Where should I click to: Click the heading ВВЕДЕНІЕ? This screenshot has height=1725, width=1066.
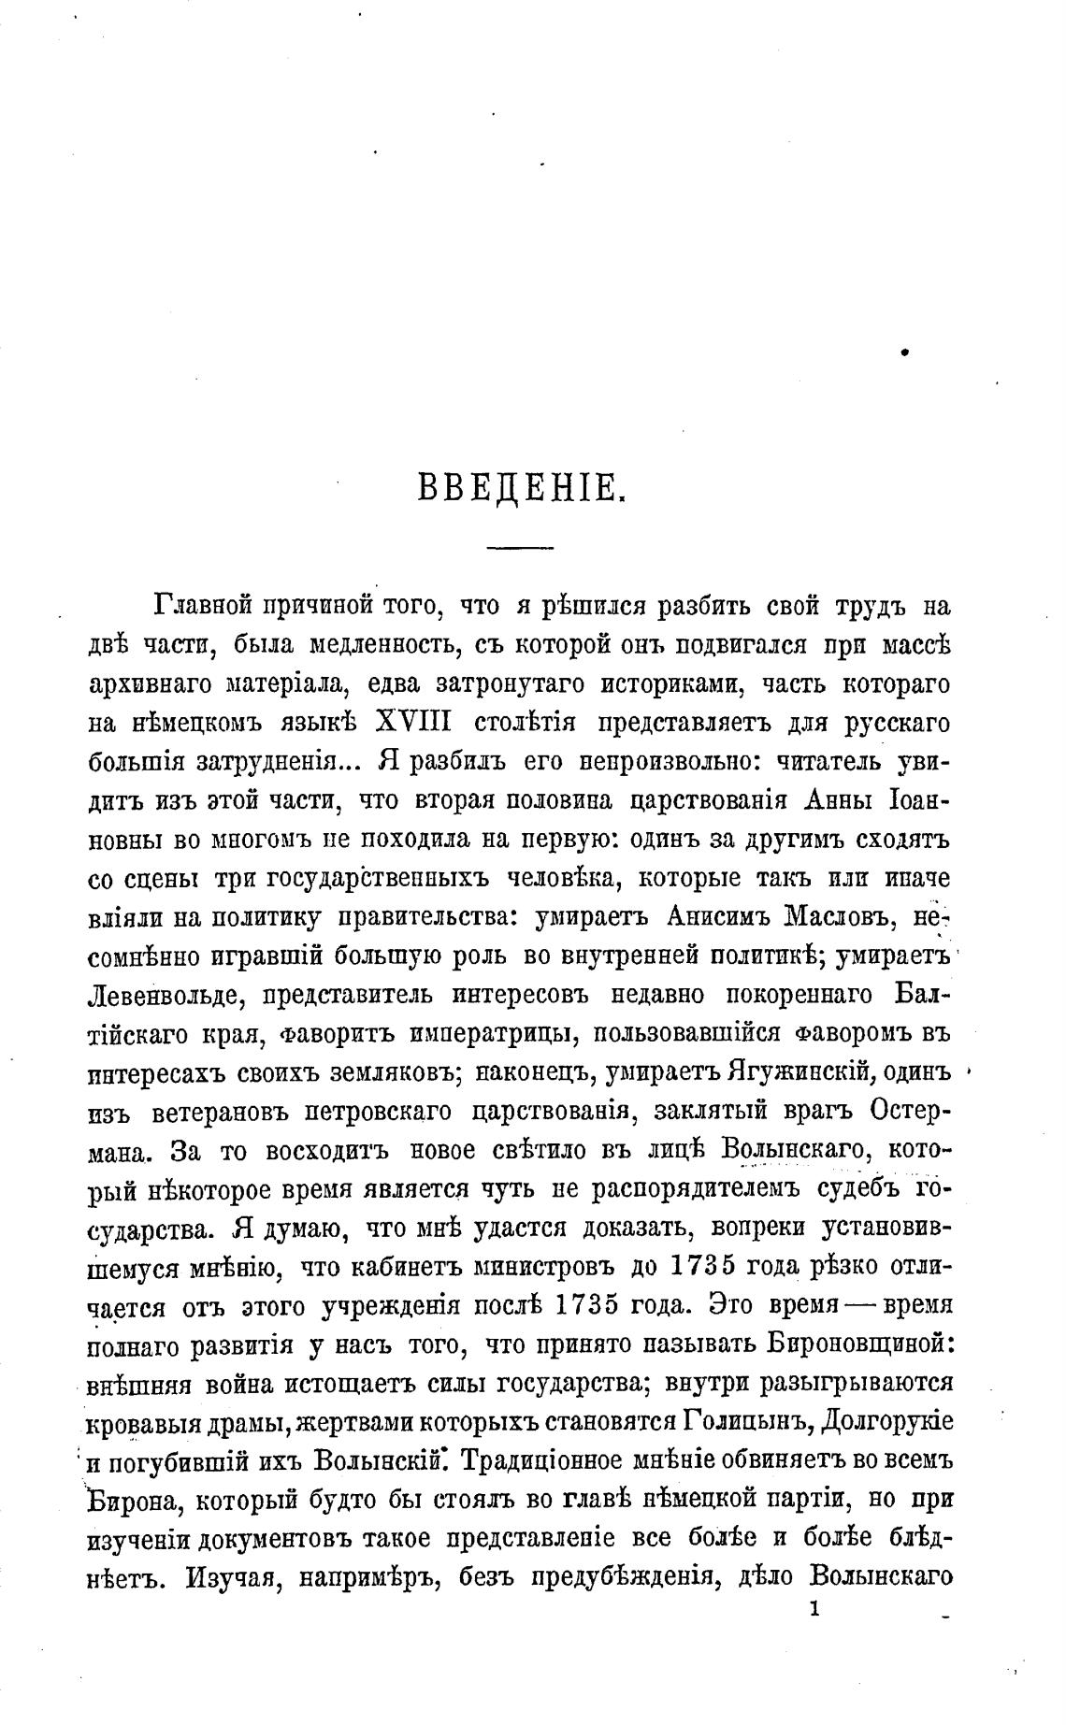click(x=520, y=490)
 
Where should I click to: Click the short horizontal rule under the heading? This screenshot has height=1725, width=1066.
click(x=520, y=548)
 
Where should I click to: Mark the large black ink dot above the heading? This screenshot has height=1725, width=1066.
click(x=905, y=353)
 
